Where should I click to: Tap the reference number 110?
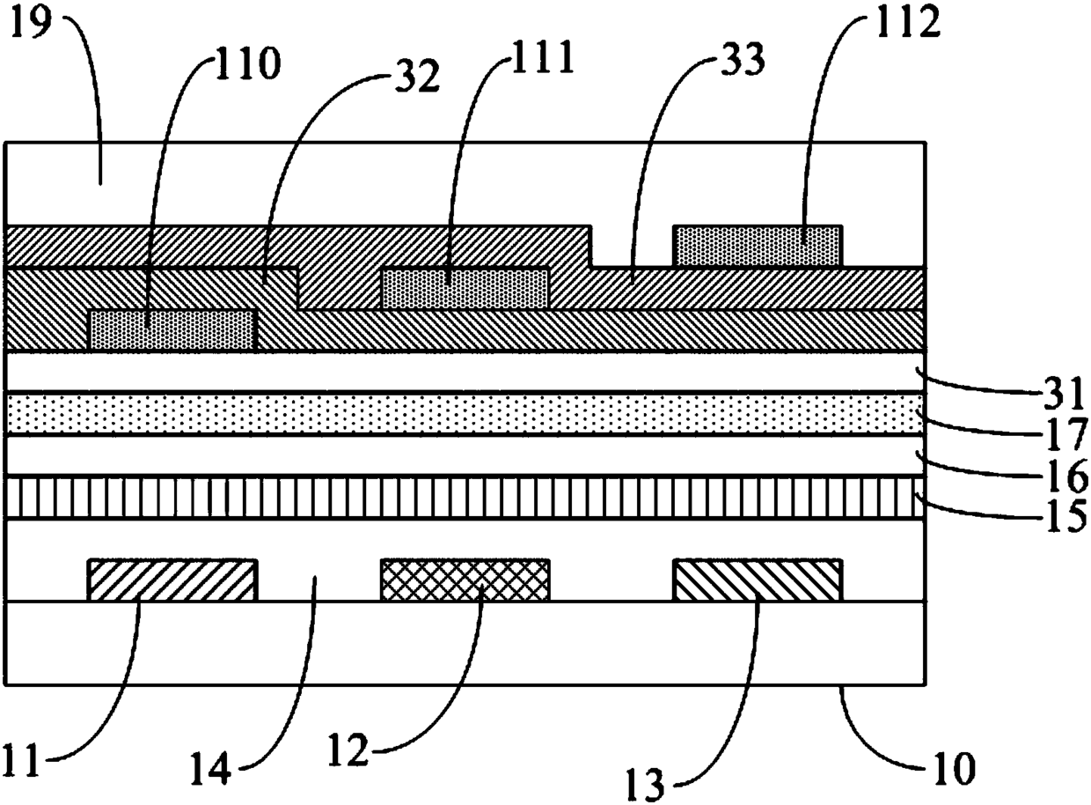tap(248, 65)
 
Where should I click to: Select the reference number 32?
tap(417, 77)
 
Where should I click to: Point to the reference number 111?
tap(540, 57)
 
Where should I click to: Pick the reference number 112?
tap(907, 21)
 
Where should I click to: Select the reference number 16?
tap(1065, 475)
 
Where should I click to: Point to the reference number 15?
tap(1065, 513)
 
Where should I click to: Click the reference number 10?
tap(953, 768)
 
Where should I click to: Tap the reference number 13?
tap(645, 784)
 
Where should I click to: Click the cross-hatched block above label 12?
tap(465, 580)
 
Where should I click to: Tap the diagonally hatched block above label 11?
tap(172, 580)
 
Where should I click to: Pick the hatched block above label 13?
tap(758, 580)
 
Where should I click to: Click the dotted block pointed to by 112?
tap(758, 247)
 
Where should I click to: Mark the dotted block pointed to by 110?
tap(172, 330)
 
